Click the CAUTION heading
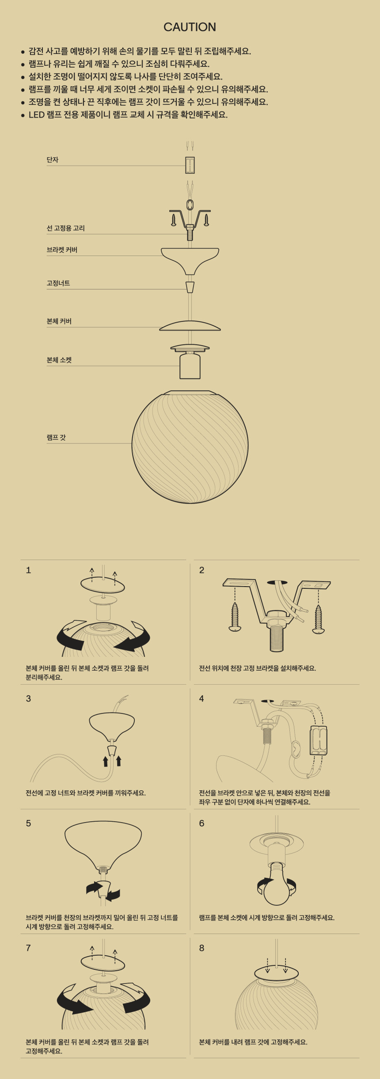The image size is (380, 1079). (190, 27)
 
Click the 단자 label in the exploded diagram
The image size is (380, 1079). (53, 160)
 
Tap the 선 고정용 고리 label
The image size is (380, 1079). (66, 228)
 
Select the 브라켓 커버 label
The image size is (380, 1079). (62, 250)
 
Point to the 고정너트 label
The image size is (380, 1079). (58, 283)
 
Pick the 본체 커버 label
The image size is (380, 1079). (59, 321)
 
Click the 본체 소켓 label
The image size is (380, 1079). (59, 360)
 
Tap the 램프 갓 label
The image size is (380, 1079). (56, 437)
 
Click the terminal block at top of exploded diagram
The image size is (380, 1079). (190, 165)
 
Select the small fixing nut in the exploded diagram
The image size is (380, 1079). (190, 287)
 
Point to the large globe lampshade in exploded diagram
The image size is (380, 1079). (190, 446)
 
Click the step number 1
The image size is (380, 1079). (28, 570)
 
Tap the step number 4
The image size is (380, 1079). (201, 698)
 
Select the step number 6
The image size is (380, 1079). (201, 823)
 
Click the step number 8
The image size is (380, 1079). (201, 948)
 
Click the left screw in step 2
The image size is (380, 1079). (235, 617)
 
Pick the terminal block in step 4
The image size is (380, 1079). (319, 740)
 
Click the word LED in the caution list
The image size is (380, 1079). (37, 115)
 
